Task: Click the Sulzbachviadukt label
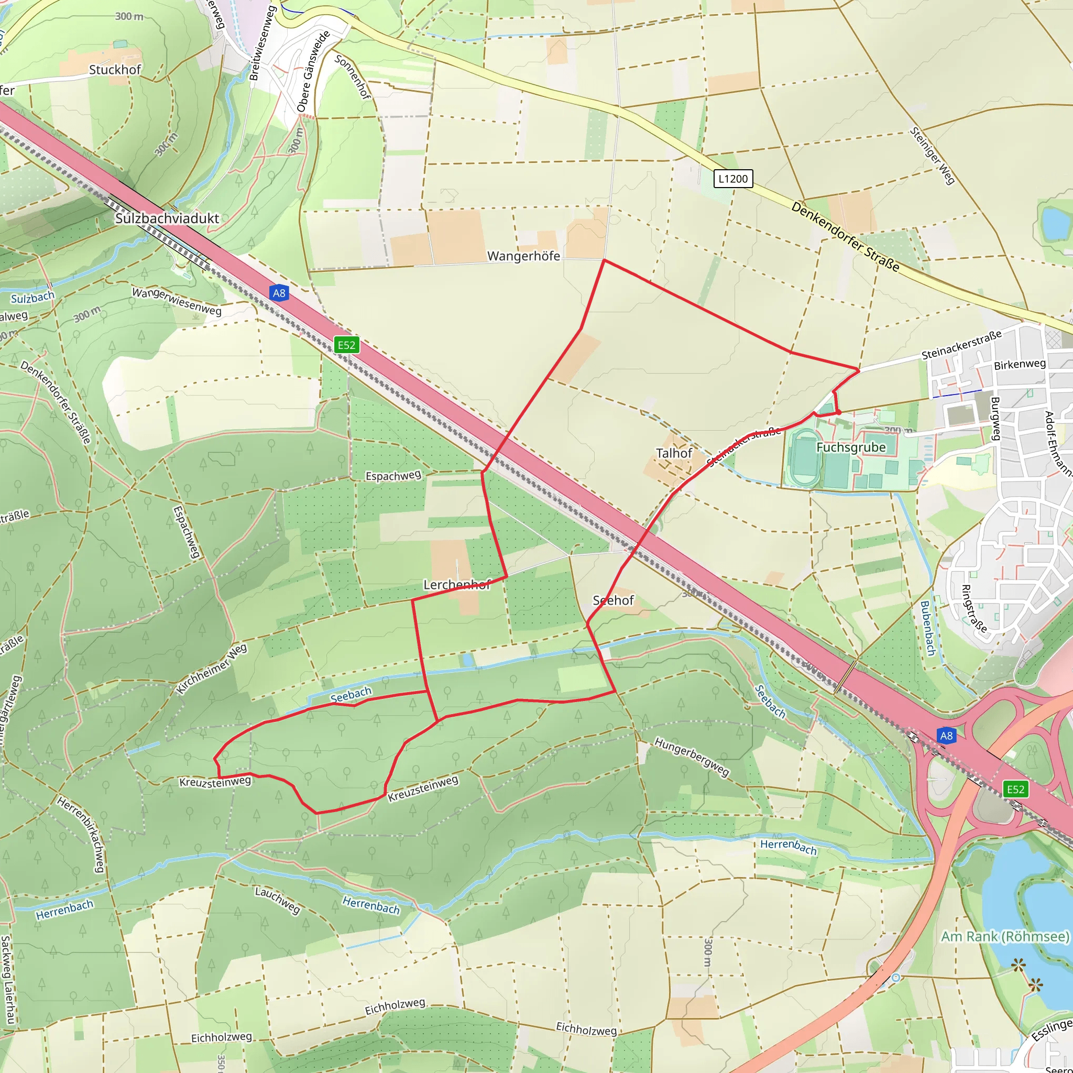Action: pyautogui.click(x=167, y=218)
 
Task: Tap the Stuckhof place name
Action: pyautogui.click(x=115, y=70)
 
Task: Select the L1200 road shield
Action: pyautogui.click(x=732, y=178)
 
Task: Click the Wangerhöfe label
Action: pyautogui.click(x=523, y=256)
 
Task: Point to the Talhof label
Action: pyautogui.click(x=674, y=453)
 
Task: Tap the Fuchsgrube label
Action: pyautogui.click(x=851, y=447)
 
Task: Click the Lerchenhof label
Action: pyautogui.click(x=456, y=584)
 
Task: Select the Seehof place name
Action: pyautogui.click(x=613, y=600)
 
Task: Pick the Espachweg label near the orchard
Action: pyautogui.click(x=393, y=475)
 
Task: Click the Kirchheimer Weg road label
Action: pyautogui.click(x=212, y=669)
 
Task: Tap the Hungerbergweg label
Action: pyautogui.click(x=692, y=757)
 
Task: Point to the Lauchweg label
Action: pyautogui.click(x=277, y=900)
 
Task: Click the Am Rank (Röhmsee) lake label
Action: pyautogui.click(x=1005, y=936)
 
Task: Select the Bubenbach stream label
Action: pyautogui.click(x=928, y=628)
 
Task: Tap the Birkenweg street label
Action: pyautogui.click(x=1020, y=364)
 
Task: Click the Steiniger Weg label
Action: pyautogui.click(x=933, y=156)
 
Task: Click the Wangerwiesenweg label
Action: pyautogui.click(x=177, y=301)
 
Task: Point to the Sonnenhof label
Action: pyautogui.click(x=353, y=76)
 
